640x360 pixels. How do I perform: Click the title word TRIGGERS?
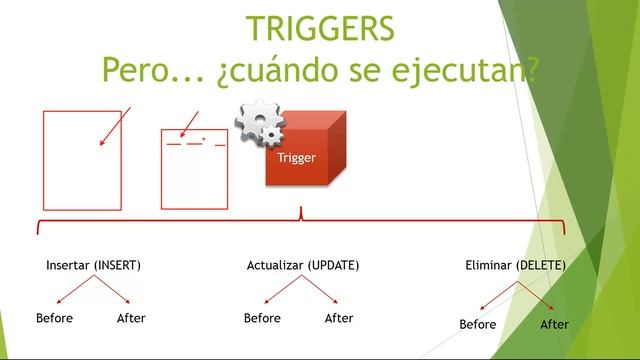320,28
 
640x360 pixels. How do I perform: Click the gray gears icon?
259,125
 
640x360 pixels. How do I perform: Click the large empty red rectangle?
82,159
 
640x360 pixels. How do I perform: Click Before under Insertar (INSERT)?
54,318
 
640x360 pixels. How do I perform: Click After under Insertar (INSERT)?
131,318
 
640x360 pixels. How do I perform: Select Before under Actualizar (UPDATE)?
262,318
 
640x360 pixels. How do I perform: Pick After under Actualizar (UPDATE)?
339,318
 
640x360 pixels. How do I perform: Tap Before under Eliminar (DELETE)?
478,324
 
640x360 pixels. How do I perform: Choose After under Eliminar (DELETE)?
555,324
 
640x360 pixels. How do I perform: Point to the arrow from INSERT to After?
112,290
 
